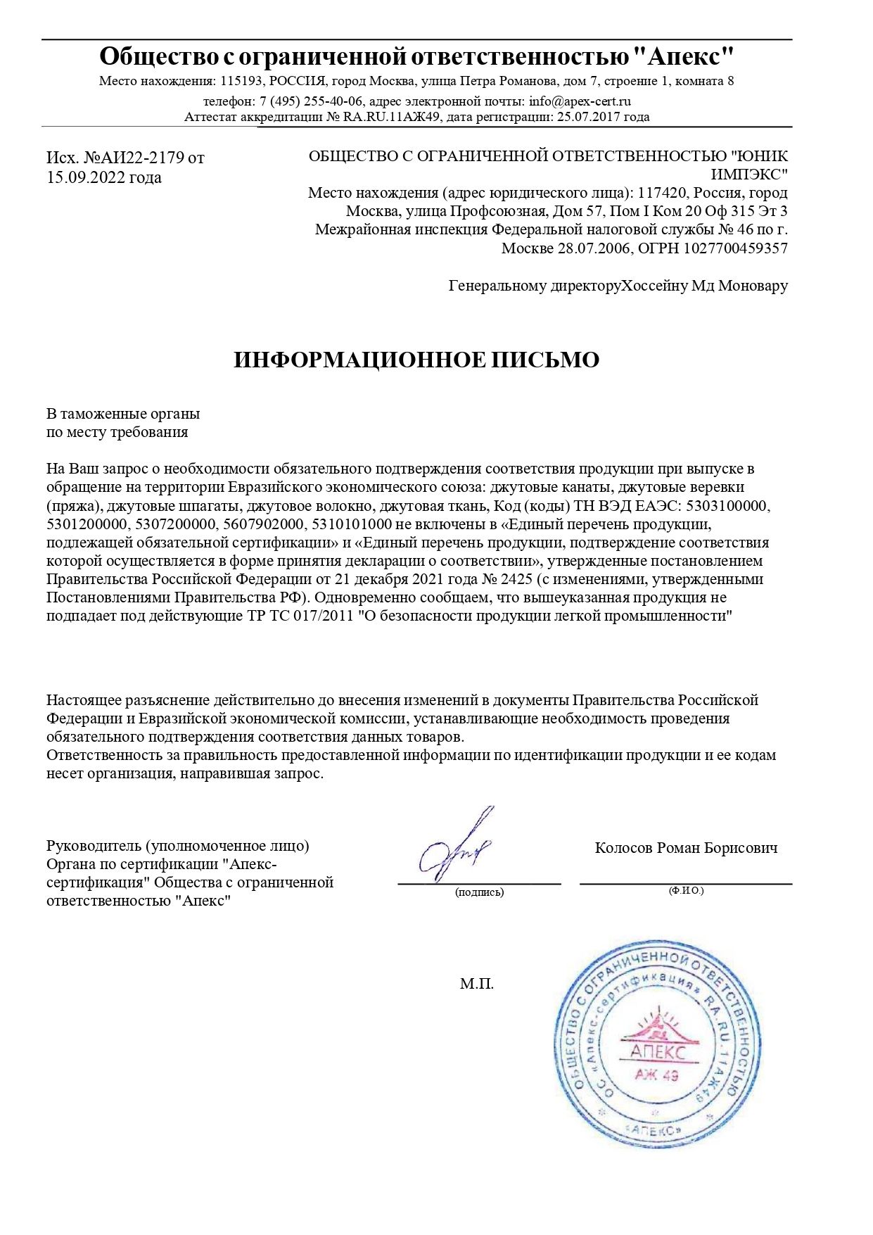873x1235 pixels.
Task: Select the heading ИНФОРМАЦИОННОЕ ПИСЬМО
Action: point(416,360)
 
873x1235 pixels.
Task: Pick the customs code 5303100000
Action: point(728,506)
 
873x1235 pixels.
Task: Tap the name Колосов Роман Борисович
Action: point(686,848)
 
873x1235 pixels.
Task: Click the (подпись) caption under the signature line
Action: point(479,892)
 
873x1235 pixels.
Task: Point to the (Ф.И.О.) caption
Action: point(686,891)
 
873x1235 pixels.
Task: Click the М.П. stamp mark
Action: point(477,984)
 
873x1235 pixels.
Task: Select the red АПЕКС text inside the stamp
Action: point(657,1053)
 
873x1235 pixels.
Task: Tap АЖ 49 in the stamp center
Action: point(656,1075)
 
